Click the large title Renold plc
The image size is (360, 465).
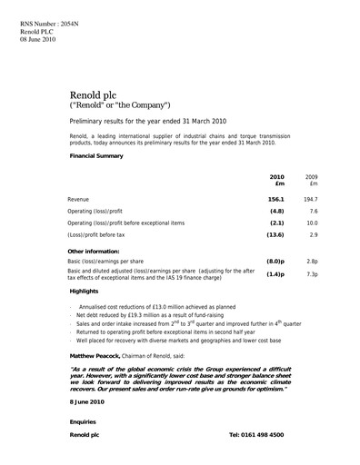coord(94,94)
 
